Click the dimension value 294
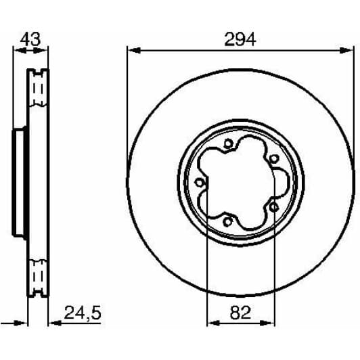pos(240,40)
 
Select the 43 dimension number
pos(29,40)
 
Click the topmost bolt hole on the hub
pos(228,143)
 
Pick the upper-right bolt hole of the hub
pos(273,158)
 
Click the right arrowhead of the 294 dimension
pos(350,49)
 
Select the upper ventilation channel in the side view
pos(37,88)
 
